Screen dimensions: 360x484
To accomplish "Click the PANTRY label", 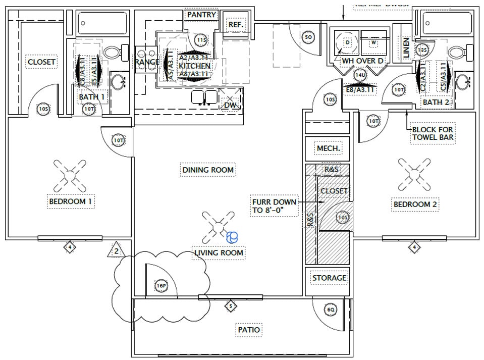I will point(201,15).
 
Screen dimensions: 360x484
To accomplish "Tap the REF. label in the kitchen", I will point(236,25).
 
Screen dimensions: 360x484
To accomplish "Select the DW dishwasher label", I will point(230,105).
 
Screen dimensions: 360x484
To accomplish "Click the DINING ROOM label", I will point(207,170).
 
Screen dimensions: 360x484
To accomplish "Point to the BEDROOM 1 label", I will point(71,201).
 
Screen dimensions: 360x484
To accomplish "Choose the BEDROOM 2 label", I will point(415,204).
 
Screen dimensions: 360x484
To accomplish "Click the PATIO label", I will point(249,330).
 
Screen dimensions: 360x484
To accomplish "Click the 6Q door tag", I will point(331,310).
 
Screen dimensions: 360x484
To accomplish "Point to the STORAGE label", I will point(329,278).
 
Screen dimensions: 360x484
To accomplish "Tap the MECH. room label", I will point(329,148).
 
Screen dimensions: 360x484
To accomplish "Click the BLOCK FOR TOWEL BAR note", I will point(432,133).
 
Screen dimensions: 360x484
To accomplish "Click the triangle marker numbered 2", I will point(116,250).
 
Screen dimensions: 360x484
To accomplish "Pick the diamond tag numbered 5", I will point(230,306).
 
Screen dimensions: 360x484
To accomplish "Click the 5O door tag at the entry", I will point(309,37).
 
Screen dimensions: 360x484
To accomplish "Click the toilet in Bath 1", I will point(113,52).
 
